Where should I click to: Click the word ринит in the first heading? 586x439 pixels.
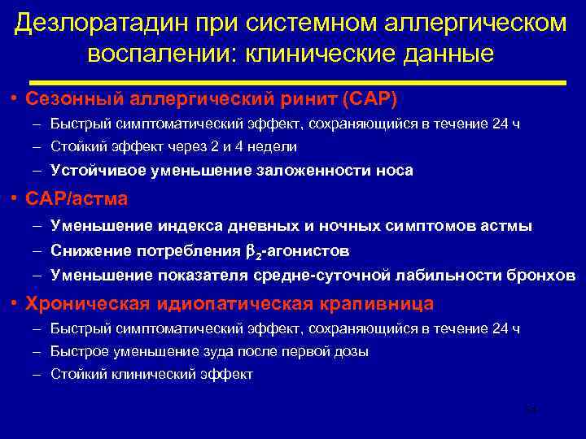(x=304, y=99)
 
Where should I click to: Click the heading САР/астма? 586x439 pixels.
(x=77, y=198)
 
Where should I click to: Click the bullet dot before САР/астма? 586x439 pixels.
(x=15, y=198)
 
